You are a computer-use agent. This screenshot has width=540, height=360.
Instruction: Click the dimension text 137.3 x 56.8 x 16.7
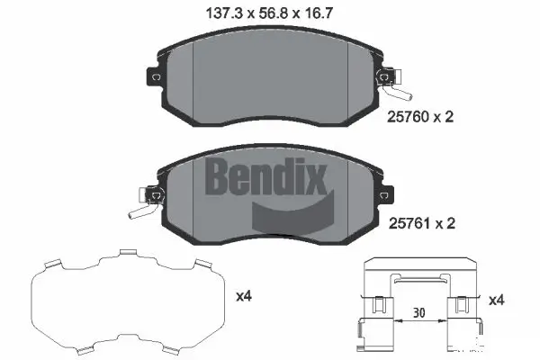pyautogui.click(x=270, y=13)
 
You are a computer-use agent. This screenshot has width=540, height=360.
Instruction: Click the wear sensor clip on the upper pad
pyautogui.click(x=394, y=85)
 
